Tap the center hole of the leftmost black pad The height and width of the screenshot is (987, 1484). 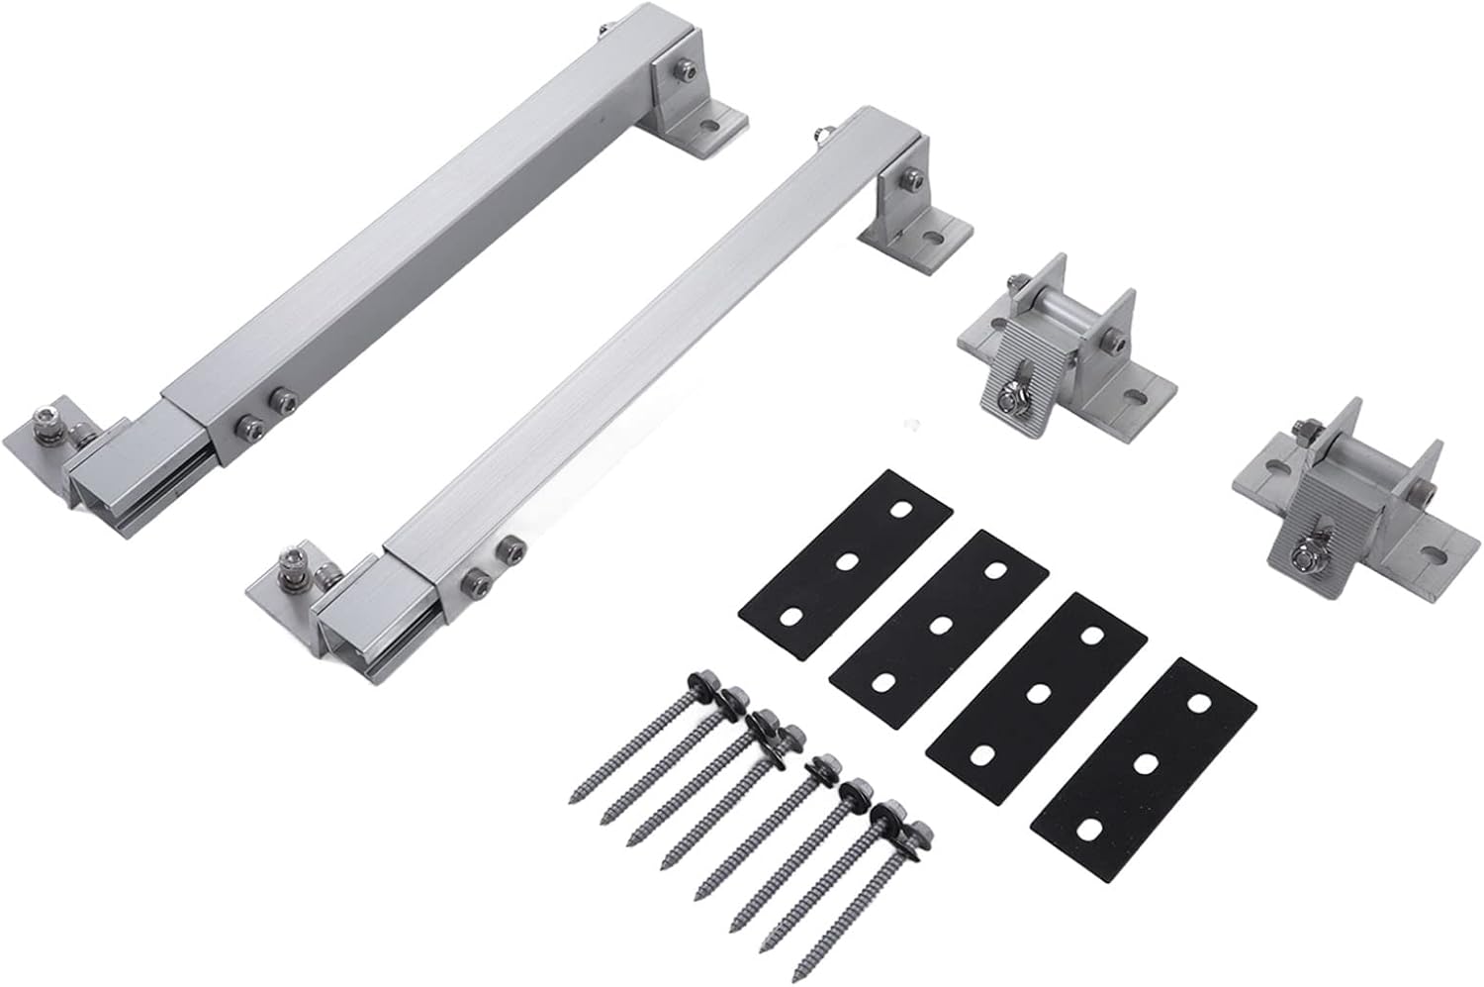[x=846, y=561]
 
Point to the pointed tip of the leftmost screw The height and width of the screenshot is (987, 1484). [x=574, y=798]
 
